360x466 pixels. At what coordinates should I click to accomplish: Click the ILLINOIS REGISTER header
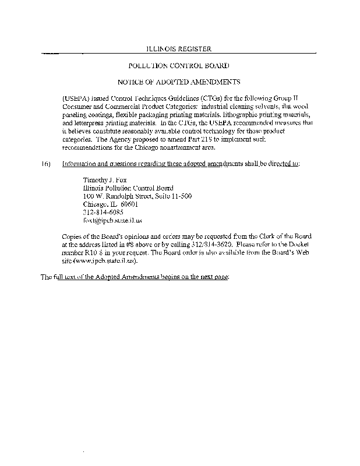point(178,49)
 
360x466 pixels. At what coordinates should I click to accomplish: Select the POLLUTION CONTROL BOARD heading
point(178,66)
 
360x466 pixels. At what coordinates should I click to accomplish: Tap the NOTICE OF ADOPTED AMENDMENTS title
point(178,83)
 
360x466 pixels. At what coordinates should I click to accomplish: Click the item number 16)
point(46,163)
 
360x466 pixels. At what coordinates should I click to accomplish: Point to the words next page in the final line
point(215,277)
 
